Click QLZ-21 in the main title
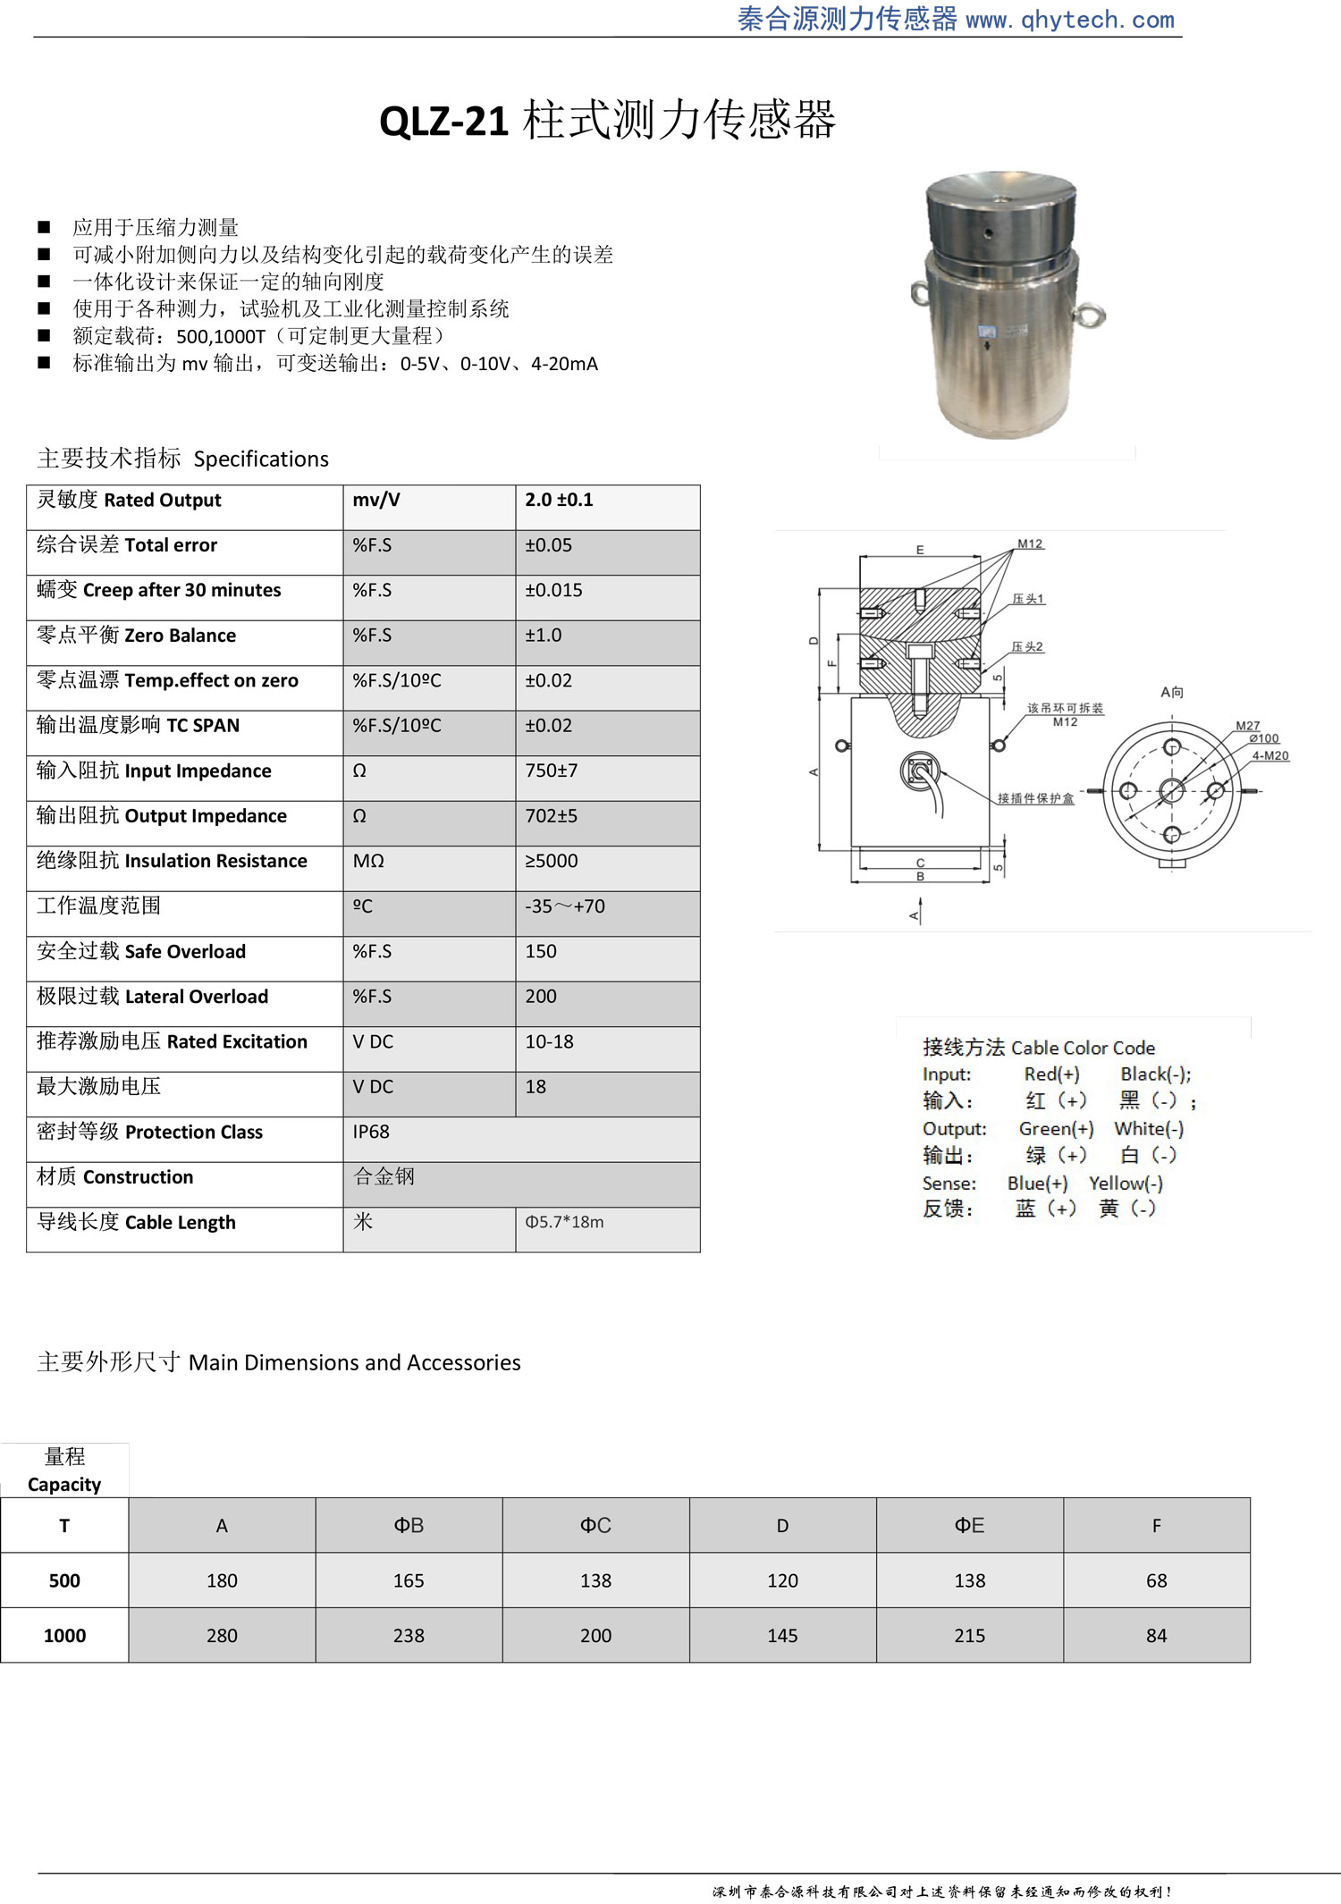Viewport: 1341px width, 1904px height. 444,121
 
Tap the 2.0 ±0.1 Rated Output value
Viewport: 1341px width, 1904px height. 559,500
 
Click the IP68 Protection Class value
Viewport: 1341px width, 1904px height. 371,1132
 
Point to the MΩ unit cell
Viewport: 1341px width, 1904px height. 368,861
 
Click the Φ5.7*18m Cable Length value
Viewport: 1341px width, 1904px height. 564,1222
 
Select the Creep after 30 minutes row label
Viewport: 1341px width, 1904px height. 181,590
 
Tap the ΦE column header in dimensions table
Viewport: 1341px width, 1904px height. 969,1526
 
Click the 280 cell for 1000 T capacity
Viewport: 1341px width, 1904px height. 222,1636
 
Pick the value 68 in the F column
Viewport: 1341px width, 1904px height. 1156,1580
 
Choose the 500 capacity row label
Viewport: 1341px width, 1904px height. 64,1580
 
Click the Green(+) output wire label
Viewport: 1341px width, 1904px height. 1056,1129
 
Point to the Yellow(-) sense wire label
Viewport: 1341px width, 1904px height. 1126,1184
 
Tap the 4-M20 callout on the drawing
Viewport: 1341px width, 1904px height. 1269,756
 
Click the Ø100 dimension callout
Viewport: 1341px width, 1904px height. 1264,738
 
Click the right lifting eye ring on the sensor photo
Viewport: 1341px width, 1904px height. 1094,315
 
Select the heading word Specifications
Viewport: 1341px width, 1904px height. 261,459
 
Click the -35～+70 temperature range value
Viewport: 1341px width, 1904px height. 564,906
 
